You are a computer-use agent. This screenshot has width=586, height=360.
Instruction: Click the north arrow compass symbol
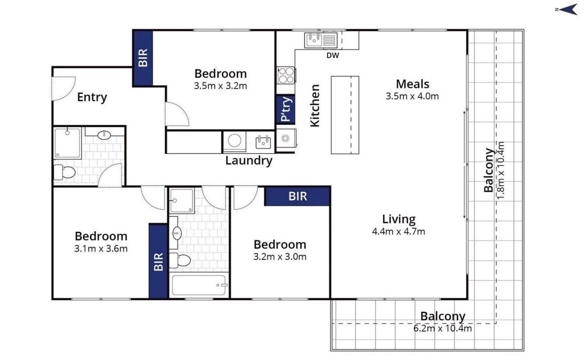567,9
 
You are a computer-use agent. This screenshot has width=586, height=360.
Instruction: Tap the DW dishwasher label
332,55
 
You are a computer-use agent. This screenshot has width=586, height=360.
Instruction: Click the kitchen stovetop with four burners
286,75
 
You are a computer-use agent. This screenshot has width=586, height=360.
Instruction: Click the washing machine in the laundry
234,141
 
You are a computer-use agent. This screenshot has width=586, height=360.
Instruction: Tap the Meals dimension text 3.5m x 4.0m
412,96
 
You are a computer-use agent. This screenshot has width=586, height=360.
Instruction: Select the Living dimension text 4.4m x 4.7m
398,231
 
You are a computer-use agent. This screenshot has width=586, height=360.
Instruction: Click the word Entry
92,97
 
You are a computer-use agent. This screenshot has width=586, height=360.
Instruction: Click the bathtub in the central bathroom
199,285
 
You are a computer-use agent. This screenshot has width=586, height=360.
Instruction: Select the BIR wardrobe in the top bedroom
143,58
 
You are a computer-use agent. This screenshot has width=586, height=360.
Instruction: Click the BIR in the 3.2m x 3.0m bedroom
297,196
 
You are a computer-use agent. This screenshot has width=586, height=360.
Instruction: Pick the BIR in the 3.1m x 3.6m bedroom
158,261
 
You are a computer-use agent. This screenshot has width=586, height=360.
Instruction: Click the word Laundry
249,160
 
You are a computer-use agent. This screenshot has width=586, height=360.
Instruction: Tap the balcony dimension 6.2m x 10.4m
442,328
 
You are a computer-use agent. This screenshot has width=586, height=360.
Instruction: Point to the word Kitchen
315,105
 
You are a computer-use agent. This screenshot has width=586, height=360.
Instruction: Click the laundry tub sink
263,142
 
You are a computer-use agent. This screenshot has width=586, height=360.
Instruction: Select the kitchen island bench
345,115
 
